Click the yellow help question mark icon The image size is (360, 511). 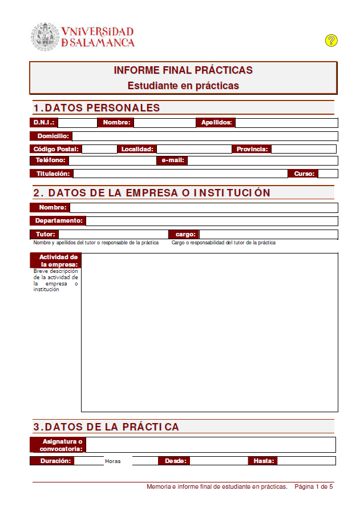click(x=331, y=41)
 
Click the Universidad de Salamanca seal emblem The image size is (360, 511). click(x=45, y=36)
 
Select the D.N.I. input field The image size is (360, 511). click(x=78, y=123)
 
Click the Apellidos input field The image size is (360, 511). click(x=286, y=123)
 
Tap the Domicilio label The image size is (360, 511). click(x=51, y=136)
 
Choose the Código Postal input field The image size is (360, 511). click(x=99, y=149)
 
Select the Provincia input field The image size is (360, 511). click(x=304, y=149)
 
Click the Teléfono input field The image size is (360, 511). click(x=112, y=160)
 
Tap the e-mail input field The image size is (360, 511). click(x=262, y=160)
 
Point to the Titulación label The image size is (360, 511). click(x=51, y=174)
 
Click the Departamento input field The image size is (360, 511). click(x=211, y=221)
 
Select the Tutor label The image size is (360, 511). click(x=45, y=234)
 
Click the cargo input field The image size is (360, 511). click(x=268, y=234)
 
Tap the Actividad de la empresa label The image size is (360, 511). click(x=55, y=260)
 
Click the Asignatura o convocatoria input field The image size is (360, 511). click(x=210, y=445)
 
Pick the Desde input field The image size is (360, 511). click(x=219, y=461)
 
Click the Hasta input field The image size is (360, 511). click(x=306, y=461)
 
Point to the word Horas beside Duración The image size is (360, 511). click(x=113, y=461)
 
